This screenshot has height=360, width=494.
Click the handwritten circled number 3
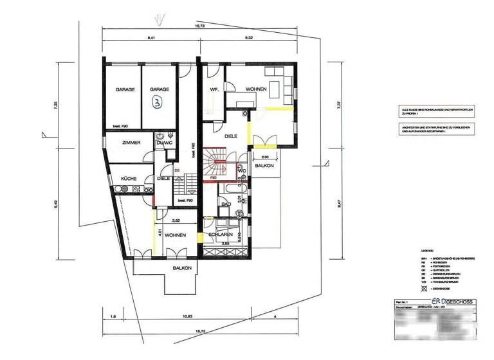click(x=154, y=102)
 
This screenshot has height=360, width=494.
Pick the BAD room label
click(x=226, y=204)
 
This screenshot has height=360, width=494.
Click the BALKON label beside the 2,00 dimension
click(x=264, y=166)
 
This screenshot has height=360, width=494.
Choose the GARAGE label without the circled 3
click(x=124, y=90)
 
